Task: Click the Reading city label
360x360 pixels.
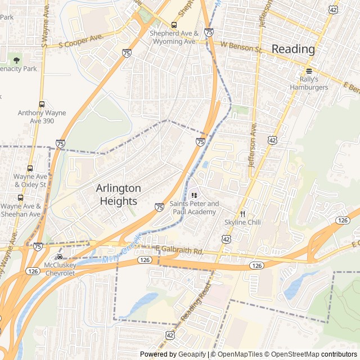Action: click(x=293, y=49)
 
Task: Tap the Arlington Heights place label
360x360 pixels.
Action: click(x=118, y=195)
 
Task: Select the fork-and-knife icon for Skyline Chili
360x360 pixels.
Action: click(x=243, y=214)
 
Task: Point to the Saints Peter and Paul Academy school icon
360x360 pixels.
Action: click(x=194, y=195)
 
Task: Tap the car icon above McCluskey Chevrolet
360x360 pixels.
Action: click(x=59, y=256)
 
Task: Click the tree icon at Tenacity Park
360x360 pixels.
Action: click(x=16, y=59)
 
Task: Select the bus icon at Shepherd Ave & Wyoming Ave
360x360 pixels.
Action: click(x=173, y=25)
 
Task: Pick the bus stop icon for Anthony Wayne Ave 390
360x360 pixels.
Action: click(x=42, y=104)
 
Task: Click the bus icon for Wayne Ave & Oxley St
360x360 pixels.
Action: click(x=30, y=168)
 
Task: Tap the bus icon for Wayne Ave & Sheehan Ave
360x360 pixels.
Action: click(x=20, y=197)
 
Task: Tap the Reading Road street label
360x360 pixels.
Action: click(x=196, y=304)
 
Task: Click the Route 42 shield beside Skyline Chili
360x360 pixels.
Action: click(x=226, y=239)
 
